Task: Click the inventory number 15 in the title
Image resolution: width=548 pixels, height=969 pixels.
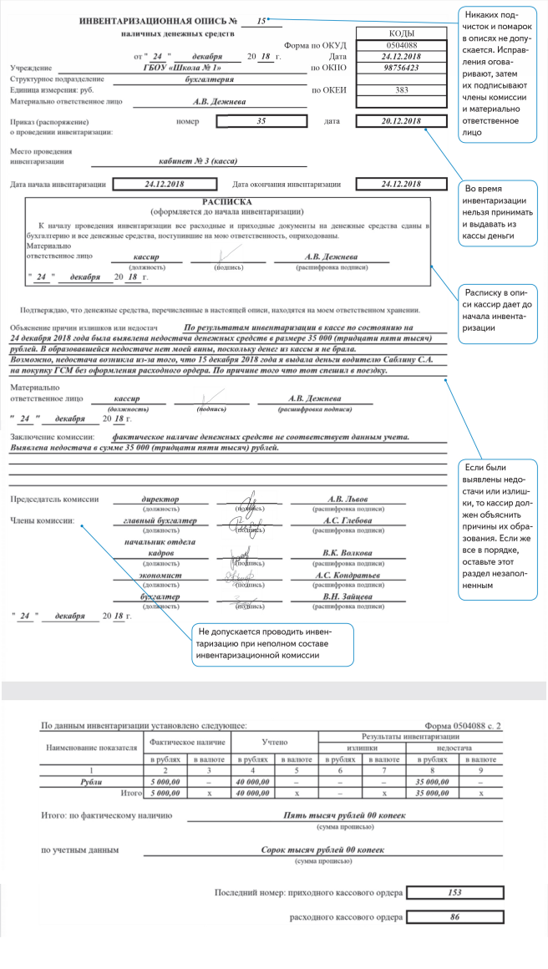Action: point(261,19)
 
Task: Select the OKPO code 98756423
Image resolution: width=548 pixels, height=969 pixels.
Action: point(392,68)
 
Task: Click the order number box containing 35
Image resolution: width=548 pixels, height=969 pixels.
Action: point(261,121)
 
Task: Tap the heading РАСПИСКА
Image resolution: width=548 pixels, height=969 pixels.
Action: point(226,202)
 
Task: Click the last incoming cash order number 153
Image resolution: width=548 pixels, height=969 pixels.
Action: point(454,892)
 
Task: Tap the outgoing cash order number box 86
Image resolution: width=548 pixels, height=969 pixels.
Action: point(454,917)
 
